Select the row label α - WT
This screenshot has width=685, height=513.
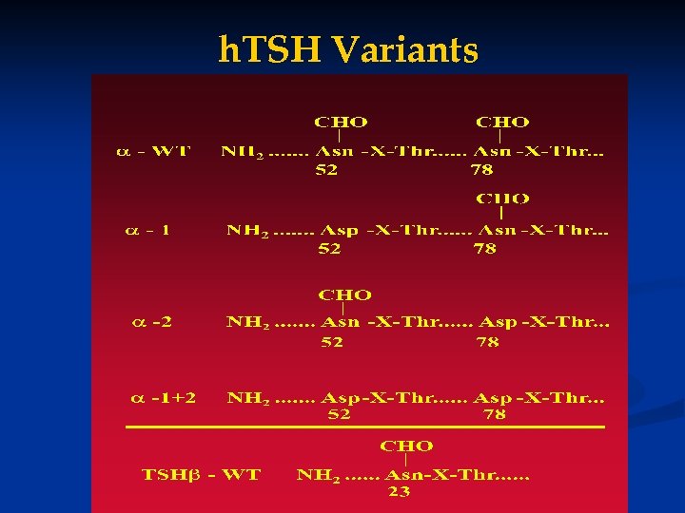click(x=153, y=151)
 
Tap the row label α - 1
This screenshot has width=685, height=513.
click(x=148, y=230)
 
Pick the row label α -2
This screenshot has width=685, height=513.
click(x=152, y=321)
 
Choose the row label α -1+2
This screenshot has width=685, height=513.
click(x=164, y=397)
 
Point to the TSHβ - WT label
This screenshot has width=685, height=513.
click(x=201, y=474)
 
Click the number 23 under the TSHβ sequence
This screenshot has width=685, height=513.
click(x=400, y=492)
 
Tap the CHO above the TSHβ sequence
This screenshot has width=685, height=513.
click(x=407, y=446)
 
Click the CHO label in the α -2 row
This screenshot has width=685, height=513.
click(x=344, y=295)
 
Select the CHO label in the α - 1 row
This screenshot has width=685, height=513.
click(x=503, y=199)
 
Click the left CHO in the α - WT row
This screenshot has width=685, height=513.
click(x=341, y=122)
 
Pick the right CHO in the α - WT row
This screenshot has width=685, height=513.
click(x=502, y=122)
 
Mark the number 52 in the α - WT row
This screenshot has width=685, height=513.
click(x=327, y=170)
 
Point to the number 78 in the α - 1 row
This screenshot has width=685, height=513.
click(x=484, y=249)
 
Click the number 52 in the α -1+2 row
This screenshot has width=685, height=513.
click(x=339, y=415)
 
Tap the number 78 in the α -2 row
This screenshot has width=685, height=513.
click(x=487, y=342)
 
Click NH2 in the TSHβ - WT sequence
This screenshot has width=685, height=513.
click(x=319, y=475)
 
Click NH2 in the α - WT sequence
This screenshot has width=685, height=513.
click(x=243, y=152)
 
